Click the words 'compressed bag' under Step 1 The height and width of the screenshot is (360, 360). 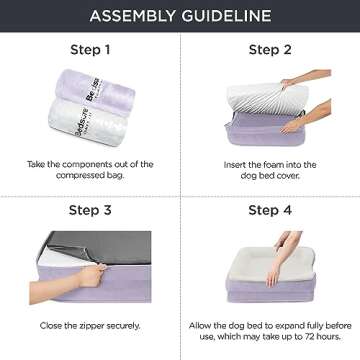[x=89, y=172]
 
